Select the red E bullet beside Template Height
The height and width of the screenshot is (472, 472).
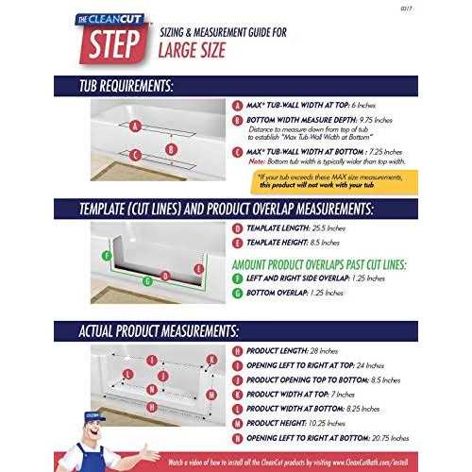[x=236, y=244]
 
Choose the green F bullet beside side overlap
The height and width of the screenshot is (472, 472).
[x=236, y=278]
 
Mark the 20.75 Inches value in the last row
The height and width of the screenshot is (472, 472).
[x=401, y=439]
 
